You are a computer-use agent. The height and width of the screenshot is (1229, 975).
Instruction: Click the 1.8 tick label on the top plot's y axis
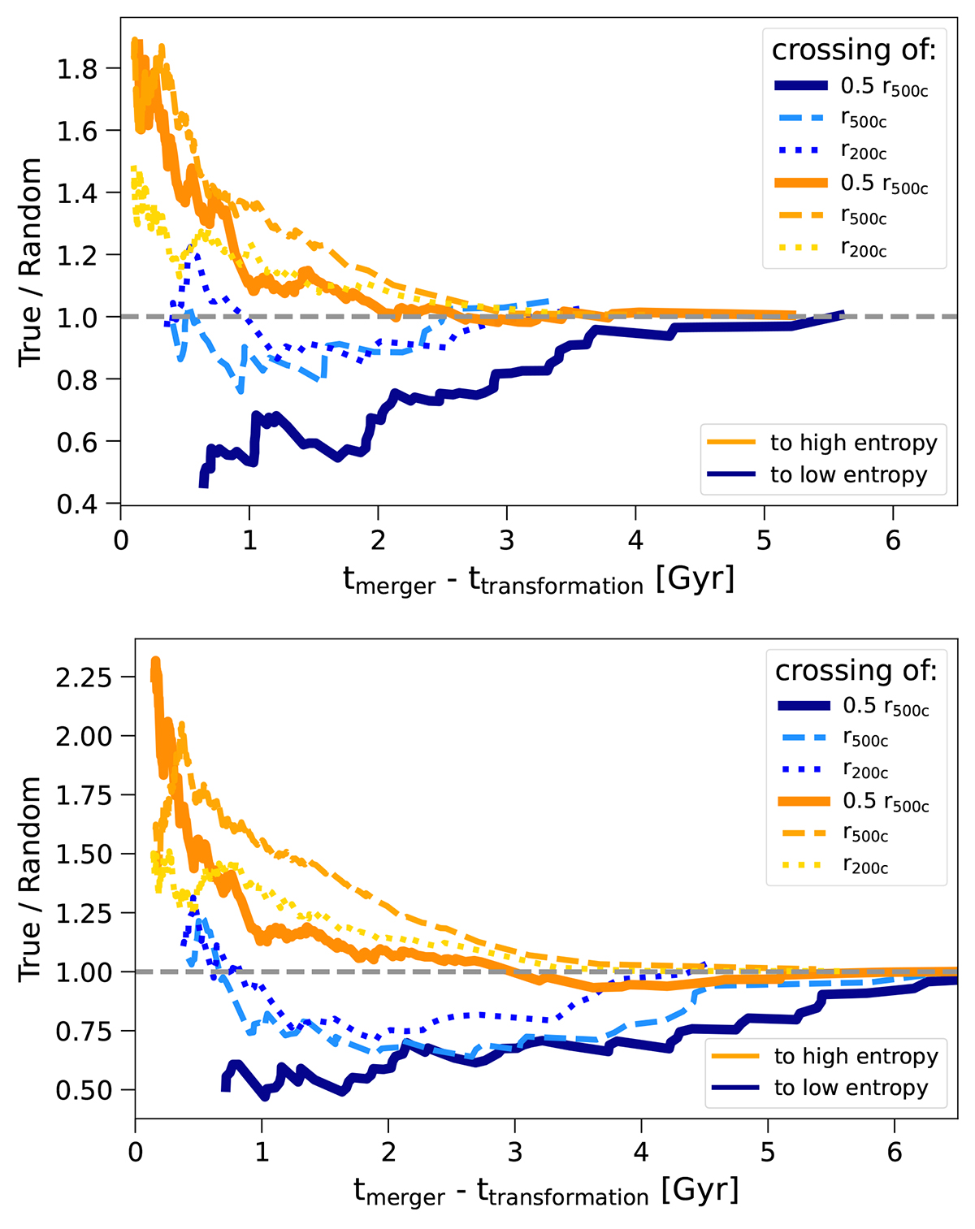pos(77,69)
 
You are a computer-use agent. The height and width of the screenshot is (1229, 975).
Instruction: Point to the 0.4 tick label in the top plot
pos(77,504)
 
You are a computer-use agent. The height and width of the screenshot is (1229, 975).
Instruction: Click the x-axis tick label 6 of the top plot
pos(893,541)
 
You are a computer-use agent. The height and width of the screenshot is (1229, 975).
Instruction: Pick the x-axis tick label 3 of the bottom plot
pos(515,1153)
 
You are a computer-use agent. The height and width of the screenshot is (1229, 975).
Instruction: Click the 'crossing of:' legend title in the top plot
pos(854,50)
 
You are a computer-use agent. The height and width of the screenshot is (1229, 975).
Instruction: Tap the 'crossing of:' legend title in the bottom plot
pos(856,671)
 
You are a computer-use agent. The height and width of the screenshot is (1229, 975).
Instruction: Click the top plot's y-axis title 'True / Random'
pos(31,262)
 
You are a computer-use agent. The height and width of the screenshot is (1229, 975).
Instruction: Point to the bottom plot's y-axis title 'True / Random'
pos(31,879)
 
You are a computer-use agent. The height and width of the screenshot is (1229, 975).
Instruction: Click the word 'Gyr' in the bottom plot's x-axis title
pos(700,1190)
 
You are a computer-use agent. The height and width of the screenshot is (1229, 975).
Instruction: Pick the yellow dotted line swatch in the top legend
pos(801,246)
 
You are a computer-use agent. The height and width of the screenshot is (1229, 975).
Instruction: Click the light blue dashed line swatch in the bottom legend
pos(804,738)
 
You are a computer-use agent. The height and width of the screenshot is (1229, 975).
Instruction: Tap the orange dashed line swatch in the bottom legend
pos(804,833)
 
